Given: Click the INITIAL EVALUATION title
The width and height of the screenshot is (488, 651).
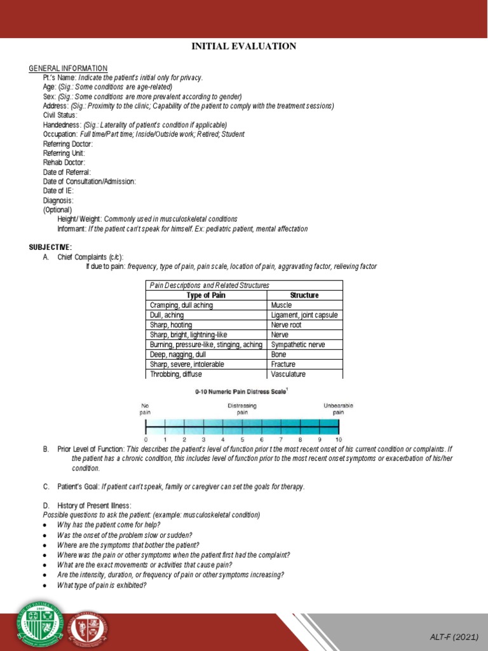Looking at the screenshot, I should point(244,46).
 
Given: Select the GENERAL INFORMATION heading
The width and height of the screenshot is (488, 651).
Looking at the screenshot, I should point(69,69).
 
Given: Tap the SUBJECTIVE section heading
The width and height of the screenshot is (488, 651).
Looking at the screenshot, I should point(51,247).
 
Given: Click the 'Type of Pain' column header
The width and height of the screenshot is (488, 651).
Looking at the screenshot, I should point(206,296).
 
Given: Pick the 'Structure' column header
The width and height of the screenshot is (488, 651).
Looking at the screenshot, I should point(304,296).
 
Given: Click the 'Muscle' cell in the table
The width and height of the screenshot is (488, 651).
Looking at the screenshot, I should point(281,305).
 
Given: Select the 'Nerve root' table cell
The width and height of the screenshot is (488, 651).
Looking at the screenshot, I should point(287,325).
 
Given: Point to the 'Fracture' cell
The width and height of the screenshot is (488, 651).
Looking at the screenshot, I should point(283,364).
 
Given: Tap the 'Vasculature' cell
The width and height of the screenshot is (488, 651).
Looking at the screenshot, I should point(288,374).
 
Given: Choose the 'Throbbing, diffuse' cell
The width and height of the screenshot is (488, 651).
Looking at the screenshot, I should point(176,374).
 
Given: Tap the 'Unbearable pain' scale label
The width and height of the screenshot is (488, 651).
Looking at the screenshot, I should point(338,409).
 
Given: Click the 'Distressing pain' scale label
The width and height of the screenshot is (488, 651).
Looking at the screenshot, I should point(242,409).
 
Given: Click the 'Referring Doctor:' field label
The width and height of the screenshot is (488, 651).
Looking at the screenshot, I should point(69,144).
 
